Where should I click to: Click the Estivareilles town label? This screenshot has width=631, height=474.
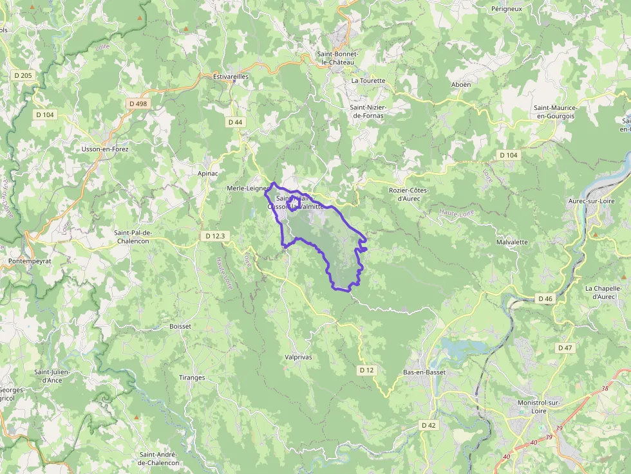230,77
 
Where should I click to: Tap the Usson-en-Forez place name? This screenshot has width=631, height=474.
105,149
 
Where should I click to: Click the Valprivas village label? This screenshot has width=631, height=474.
298,356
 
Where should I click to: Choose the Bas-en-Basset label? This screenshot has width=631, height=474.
425,373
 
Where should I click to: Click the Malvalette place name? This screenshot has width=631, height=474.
512,242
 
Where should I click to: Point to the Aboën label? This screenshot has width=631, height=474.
460,84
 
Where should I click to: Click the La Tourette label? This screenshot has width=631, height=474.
368,81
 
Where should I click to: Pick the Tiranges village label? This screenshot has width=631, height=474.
192,378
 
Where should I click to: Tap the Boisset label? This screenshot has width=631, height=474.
180,327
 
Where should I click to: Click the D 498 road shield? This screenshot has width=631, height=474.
138,104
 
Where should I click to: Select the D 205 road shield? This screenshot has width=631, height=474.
23,75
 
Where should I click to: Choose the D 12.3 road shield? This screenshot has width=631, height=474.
216,236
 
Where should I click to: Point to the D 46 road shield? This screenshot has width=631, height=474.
545,298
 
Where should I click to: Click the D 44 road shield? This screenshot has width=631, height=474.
235,122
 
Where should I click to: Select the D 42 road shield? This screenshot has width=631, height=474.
429,425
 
